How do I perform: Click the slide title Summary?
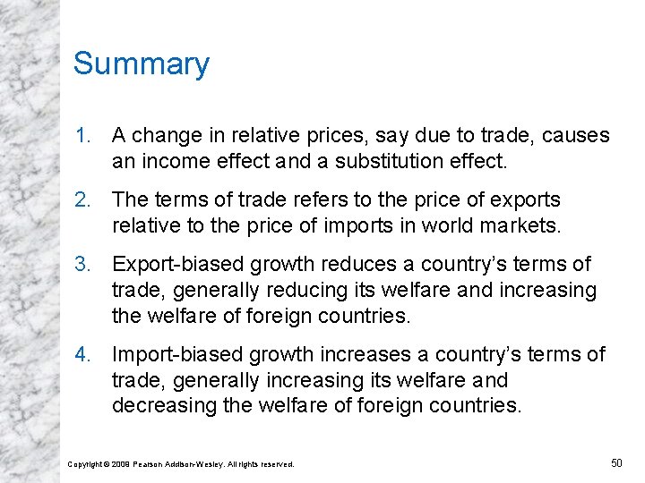(x=141, y=64)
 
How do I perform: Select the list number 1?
(x=82, y=136)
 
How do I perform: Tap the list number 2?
(x=82, y=199)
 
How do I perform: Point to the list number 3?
(x=82, y=265)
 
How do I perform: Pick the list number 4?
(x=82, y=355)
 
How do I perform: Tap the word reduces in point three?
(x=337, y=265)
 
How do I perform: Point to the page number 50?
(x=615, y=462)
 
